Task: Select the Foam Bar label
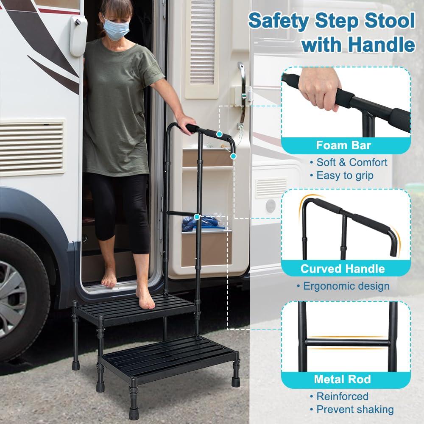point(343,145)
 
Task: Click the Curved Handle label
point(343,268)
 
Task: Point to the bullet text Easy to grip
point(345,175)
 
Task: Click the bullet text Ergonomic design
point(346,286)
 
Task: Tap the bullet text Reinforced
point(343,396)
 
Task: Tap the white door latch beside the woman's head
point(78,36)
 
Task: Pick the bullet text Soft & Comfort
point(351,162)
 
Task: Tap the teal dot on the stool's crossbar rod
point(197,217)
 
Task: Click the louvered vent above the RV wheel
point(32,147)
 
